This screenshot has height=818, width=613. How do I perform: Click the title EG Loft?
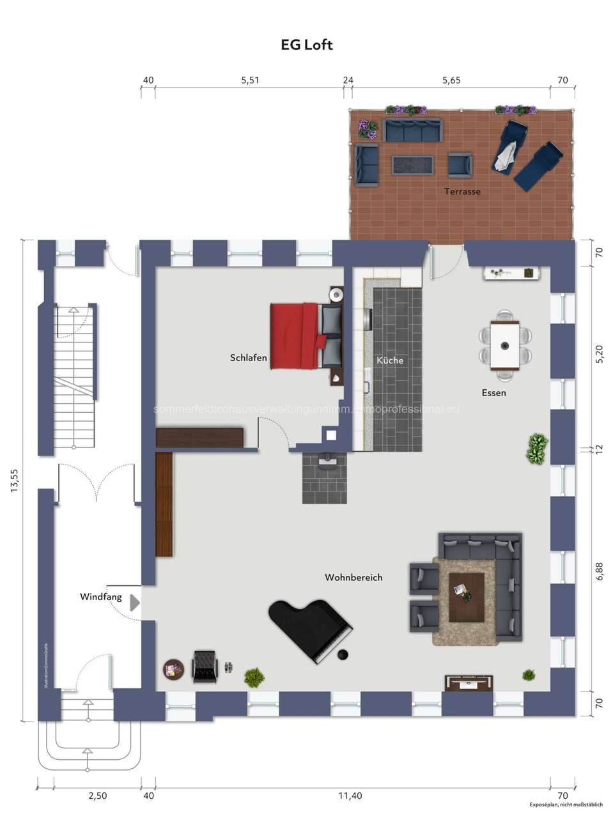point(307,45)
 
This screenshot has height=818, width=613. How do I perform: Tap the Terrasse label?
point(462,191)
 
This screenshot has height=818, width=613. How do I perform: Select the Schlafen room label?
point(249,358)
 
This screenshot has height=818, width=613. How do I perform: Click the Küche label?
point(390,360)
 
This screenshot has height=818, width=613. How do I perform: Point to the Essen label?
point(493,392)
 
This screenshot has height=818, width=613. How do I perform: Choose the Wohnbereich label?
point(353,577)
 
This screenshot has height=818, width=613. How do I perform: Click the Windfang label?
point(100,597)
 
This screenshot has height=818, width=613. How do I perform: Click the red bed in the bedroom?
point(295,336)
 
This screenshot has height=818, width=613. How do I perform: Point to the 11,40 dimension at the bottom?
point(350,796)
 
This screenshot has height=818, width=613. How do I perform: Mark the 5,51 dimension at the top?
point(250,80)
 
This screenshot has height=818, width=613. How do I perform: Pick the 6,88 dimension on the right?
point(599,571)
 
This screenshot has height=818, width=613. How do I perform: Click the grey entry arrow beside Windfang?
point(134,603)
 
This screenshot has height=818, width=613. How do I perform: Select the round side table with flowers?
point(173,670)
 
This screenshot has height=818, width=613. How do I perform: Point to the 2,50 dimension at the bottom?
point(98,796)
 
